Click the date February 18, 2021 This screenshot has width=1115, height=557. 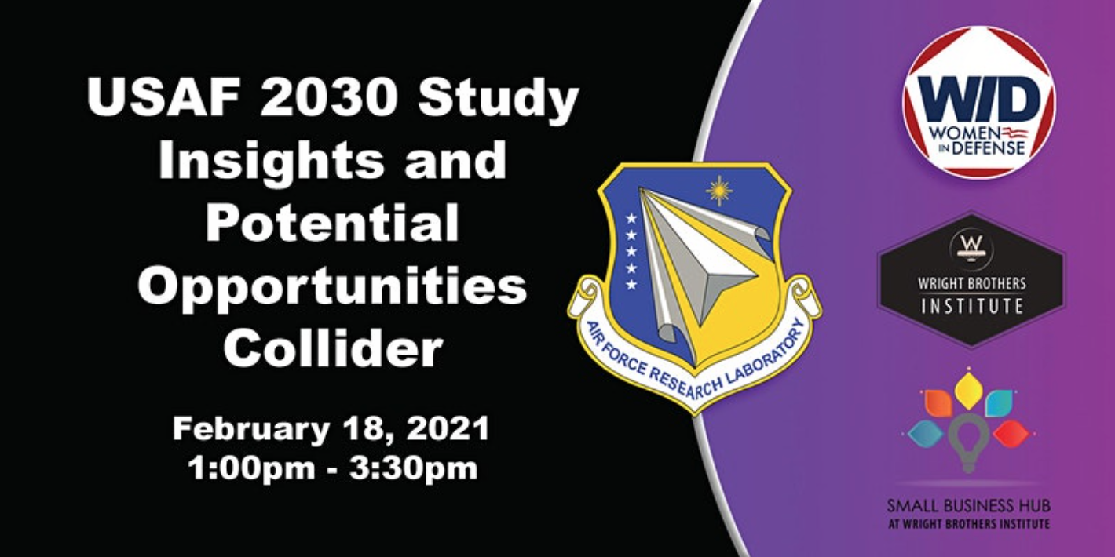[331, 429]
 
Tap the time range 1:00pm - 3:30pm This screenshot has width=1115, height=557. [331, 468]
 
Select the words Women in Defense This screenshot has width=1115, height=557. [978, 139]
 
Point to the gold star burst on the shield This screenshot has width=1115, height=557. [718, 190]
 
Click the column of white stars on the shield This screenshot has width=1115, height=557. [630, 250]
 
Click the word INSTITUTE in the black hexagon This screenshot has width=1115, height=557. [972, 306]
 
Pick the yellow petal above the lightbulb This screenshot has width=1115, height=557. [969, 390]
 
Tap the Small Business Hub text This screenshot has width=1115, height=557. [968, 506]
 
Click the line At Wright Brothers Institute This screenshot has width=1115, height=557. [968, 523]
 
